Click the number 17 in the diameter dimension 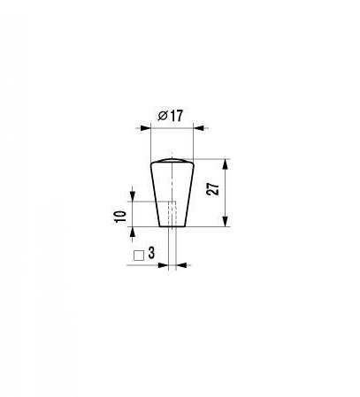click(177, 116)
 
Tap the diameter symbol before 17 click(163, 116)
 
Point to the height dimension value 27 click(214, 189)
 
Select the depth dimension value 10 click(121, 217)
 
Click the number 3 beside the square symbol click(151, 253)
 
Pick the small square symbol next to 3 click(139, 256)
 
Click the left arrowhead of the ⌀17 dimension click(145, 128)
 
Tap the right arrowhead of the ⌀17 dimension click(198, 128)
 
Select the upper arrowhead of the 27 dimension click(226, 164)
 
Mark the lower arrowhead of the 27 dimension click(226, 221)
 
